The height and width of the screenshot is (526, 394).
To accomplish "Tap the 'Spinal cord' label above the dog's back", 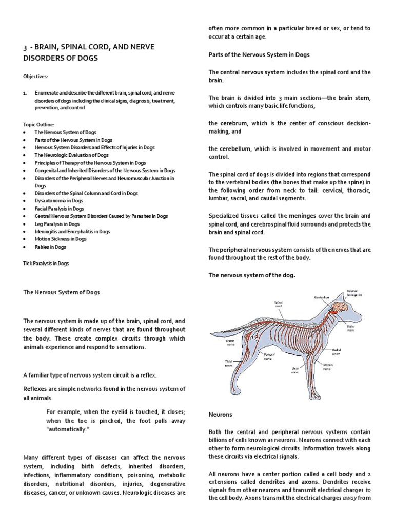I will pyautogui.click(x=279, y=305).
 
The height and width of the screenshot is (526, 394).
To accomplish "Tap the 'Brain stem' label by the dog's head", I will pyautogui.click(x=365, y=328).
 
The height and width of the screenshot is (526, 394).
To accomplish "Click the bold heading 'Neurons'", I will pyautogui.click(x=220, y=414).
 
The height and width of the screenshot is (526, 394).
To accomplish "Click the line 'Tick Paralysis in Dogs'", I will pyautogui.click(x=46, y=264).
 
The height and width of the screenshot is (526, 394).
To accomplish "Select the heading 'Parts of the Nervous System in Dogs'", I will pyautogui.click(x=259, y=54).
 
